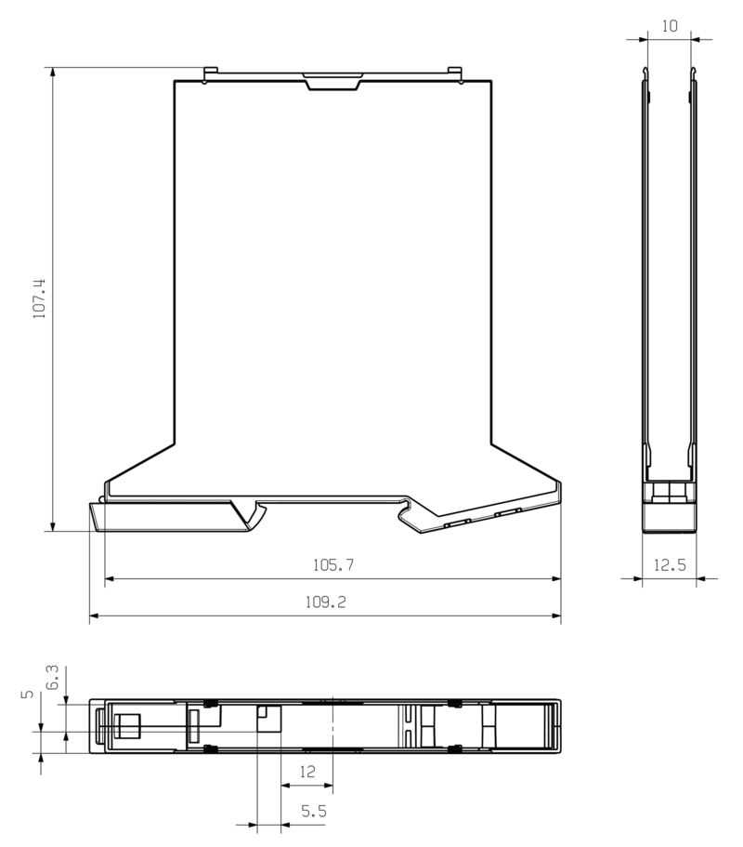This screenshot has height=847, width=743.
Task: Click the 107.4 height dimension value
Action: [x=39, y=298]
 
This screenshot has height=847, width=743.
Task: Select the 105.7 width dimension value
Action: [x=333, y=564]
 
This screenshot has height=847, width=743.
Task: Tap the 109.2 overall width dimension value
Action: [x=325, y=602]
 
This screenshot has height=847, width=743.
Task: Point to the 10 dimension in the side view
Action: [x=669, y=26]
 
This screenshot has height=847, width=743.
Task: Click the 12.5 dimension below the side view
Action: [x=669, y=564]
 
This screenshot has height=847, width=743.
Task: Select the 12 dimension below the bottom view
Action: [x=307, y=772]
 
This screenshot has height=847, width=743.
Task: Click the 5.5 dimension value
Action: [x=313, y=811]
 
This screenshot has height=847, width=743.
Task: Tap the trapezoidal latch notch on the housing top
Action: [x=332, y=82]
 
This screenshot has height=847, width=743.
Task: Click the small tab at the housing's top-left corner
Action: [x=210, y=73]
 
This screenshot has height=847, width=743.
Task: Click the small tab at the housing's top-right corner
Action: [x=454, y=73]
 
